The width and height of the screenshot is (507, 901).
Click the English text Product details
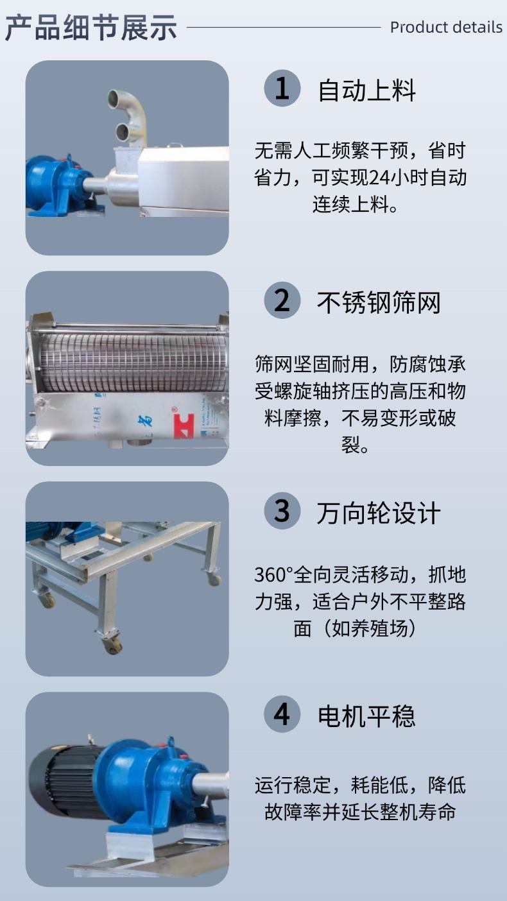click(x=446, y=28)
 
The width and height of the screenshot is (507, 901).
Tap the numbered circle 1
click(x=282, y=89)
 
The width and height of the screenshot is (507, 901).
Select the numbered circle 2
click(x=282, y=300)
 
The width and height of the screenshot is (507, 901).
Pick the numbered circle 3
click(x=282, y=511)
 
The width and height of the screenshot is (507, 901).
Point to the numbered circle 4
click(x=282, y=715)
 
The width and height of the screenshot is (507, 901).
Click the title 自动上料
click(x=366, y=90)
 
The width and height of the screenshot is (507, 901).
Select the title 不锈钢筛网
click(x=379, y=302)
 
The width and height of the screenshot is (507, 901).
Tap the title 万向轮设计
click(x=379, y=513)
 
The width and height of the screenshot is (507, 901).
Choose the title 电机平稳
click(x=366, y=716)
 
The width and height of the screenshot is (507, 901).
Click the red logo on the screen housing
click(x=184, y=425)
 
